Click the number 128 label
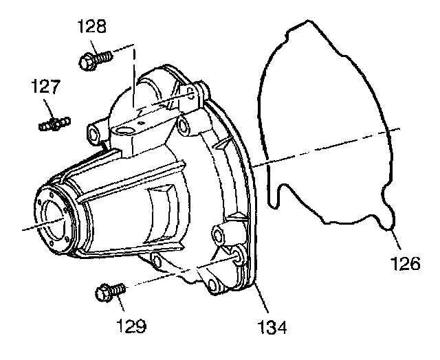click(x=93, y=27)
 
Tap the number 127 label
click(x=45, y=88)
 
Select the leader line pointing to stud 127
click(x=49, y=110)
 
